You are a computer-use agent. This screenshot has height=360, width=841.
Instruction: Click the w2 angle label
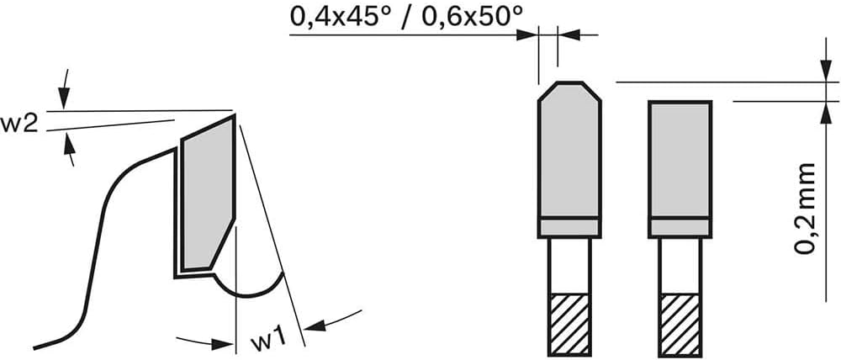pos(19,124)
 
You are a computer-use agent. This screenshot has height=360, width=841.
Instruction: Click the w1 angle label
pos(267,340)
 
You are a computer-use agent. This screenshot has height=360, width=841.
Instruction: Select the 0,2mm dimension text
pos(805,208)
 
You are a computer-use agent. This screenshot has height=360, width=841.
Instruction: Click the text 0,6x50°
pos(472,16)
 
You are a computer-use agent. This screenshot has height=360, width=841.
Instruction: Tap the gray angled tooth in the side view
pos(208,193)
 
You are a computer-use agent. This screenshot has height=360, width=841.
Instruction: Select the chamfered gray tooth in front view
pos(569,151)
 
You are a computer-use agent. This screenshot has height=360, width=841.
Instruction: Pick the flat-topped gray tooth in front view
pos(680,159)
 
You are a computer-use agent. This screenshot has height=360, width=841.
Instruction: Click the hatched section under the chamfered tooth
pos(569,324)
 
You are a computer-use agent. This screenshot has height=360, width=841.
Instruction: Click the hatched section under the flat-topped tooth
pos(680,324)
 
